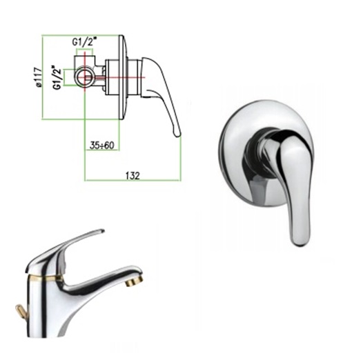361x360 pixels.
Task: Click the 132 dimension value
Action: [x=133, y=176]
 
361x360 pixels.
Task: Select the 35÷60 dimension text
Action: [x=101, y=145]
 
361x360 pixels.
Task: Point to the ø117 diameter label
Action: [x=39, y=77]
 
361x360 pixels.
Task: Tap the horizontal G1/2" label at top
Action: [x=84, y=42]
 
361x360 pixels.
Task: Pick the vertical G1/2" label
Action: [x=57, y=78]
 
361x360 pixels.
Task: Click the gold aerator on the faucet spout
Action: [x=135, y=281]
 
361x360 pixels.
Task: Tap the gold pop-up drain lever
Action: [x=21, y=310]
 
